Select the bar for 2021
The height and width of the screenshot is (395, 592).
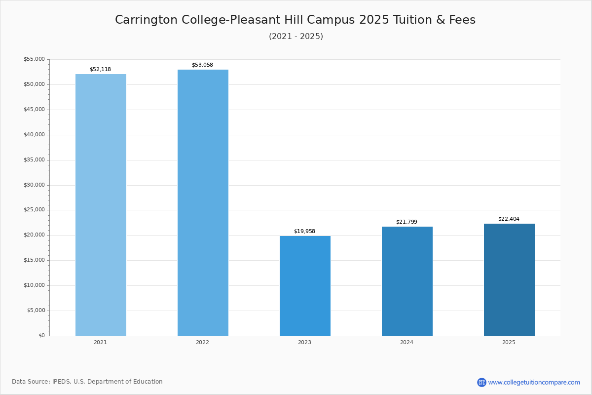(101, 205)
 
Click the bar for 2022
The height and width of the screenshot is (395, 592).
(203, 202)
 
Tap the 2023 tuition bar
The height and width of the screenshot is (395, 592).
(305, 286)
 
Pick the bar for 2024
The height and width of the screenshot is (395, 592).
(407, 281)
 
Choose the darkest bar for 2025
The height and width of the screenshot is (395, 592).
(509, 280)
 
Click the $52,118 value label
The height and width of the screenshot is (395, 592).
(101, 69)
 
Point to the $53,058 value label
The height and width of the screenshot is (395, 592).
(202, 65)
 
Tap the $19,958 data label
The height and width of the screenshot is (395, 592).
(304, 231)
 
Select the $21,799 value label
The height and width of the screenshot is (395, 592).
(407, 222)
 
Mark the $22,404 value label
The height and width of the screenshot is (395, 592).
(509, 219)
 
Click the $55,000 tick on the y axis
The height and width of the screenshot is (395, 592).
(35, 59)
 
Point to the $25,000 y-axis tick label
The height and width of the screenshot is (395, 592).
(35, 210)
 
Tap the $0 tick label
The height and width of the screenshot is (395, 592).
(42, 335)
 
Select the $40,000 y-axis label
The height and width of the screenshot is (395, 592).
(35, 134)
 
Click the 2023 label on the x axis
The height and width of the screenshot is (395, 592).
(304, 342)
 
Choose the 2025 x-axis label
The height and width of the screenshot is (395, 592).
(509, 342)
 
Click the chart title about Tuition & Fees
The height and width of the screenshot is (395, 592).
(295, 20)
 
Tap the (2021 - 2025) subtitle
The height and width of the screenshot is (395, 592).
(296, 36)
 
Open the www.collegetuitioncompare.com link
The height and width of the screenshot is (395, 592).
(534, 382)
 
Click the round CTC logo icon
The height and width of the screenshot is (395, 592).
(481, 382)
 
